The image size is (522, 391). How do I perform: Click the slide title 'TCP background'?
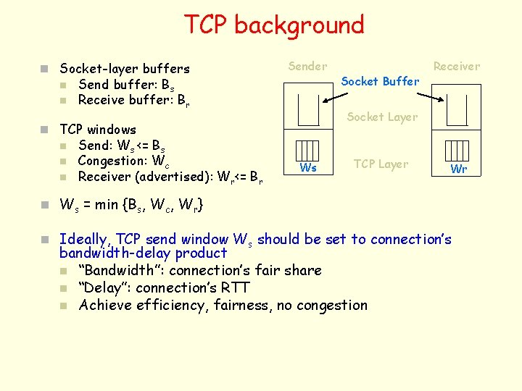pyautogui.click(x=273, y=25)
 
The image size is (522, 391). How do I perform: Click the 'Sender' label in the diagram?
pyautogui.click(x=307, y=67)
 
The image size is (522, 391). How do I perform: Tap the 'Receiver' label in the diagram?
pyautogui.click(x=456, y=67)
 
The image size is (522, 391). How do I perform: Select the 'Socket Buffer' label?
pyautogui.click(x=380, y=81)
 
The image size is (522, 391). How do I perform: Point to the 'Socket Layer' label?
pyautogui.click(x=382, y=117)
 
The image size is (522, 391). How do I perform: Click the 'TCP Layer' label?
pyautogui.click(x=381, y=164)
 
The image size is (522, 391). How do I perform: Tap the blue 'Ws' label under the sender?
pyautogui.click(x=308, y=168)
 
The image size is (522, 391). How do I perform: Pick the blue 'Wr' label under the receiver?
pyautogui.click(x=459, y=169)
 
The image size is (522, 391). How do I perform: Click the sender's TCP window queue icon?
pyautogui.click(x=308, y=150)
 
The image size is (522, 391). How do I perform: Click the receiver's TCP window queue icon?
pyautogui.click(x=458, y=150)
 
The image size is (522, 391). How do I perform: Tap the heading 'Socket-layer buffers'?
pyautogui.click(x=124, y=69)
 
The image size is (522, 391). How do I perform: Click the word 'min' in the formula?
pyautogui.click(x=102, y=205)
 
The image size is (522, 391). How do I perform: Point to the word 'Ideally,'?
pyautogui.click(x=83, y=239)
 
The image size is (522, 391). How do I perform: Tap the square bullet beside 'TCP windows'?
pyautogui.click(x=45, y=130)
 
